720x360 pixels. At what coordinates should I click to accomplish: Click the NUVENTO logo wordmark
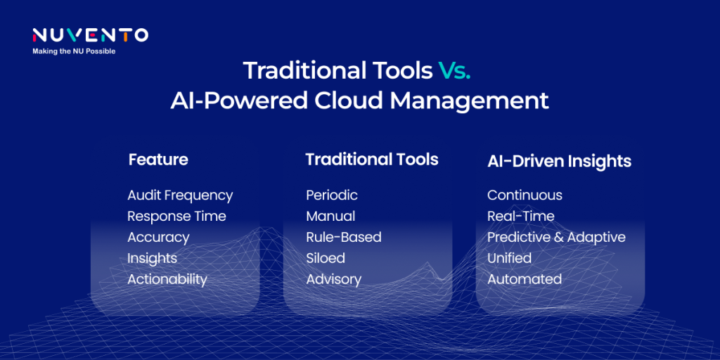pos(90,35)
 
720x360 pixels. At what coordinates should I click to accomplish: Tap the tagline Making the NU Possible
pos(74,51)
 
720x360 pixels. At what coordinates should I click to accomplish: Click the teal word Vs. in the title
pos(454,71)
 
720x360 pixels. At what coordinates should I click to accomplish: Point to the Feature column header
pos(158,160)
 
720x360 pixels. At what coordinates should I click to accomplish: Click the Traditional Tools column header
pos(372,160)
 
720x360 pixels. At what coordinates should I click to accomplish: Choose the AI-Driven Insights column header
pos(559,161)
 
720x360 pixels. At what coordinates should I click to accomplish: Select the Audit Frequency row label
pos(180,195)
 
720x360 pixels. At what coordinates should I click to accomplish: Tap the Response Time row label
pos(176,217)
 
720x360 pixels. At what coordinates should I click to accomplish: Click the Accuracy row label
pos(158,238)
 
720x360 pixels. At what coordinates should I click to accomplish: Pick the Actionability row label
pos(167,279)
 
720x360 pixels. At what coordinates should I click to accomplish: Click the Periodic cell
pos(332,195)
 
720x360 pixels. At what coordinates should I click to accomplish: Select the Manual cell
pos(330,217)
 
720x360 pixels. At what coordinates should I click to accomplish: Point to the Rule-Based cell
pos(344,238)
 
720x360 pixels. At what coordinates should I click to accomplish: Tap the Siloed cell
pos(326,258)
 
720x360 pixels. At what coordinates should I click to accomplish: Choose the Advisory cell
pos(334,279)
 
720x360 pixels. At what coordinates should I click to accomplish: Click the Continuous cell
pos(525,195)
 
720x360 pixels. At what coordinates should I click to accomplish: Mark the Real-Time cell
pos(521,217)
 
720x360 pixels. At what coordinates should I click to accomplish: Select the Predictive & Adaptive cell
pos(557,238)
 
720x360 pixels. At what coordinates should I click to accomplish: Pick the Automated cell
pos(525,279)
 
